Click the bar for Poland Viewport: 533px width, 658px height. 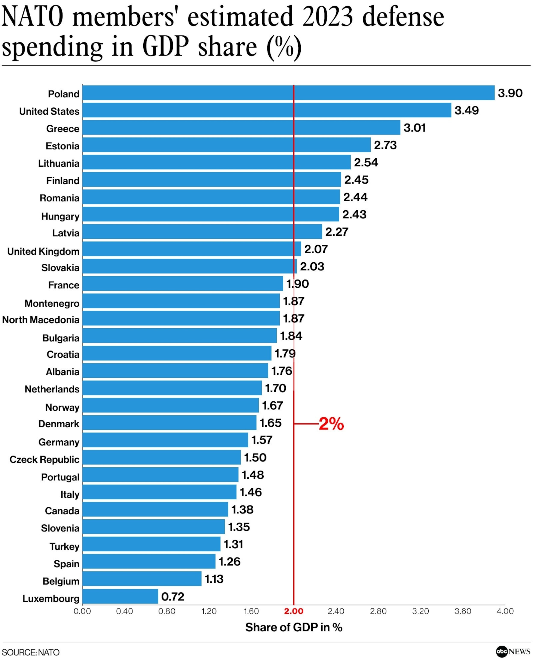(288, 93)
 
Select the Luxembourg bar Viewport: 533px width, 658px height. (120, 597)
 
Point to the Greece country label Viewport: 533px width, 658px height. (63, 129)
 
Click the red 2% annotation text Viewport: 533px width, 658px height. (331, 424)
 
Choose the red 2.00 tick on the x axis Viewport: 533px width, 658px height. (294, 611)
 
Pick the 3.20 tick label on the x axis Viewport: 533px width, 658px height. (420, 611)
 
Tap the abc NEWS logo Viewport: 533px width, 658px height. (513, 651)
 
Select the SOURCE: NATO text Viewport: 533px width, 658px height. (31, 652)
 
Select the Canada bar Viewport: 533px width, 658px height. (155, 509)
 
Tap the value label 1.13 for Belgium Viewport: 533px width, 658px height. (214, 579)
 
